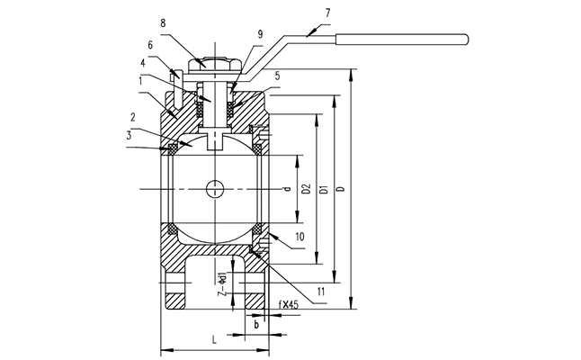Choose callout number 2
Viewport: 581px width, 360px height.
point(132,117)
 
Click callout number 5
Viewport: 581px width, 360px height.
point(278,76)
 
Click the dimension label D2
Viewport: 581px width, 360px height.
point(306,190)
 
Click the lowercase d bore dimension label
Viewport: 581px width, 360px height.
point(287,190)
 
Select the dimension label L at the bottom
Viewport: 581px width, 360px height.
point(212,340)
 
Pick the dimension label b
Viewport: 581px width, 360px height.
point(256,321)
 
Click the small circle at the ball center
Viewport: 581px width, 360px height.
point(216,189)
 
